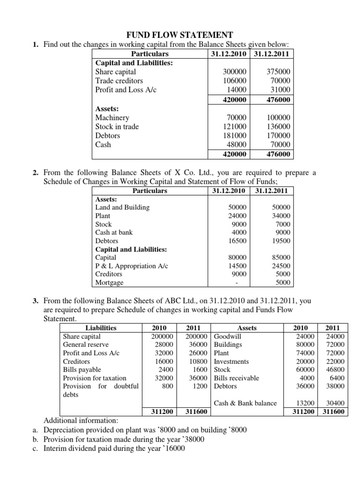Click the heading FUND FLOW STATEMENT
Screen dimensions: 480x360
[180, 35]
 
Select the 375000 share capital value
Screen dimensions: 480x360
[278, 72]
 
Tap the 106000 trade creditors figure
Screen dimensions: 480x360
[235, 81]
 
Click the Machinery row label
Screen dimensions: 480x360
[112, 118]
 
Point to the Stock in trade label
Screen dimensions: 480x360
[117, 127]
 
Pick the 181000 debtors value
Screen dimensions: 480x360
[235, 135]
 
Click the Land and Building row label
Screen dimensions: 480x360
[122, 207]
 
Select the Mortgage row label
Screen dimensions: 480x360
[109, 283]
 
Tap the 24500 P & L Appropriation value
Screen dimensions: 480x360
[281, 266]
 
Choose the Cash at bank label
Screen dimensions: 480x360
[114, 232]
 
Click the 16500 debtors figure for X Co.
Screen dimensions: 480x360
[237, 241]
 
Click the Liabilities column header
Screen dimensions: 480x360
[101, 328]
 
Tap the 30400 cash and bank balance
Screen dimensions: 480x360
[334, 403]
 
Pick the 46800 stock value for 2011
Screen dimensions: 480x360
[334, 370]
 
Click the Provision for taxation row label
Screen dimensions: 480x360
[95, 378]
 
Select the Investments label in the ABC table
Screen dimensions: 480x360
[231, 361]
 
